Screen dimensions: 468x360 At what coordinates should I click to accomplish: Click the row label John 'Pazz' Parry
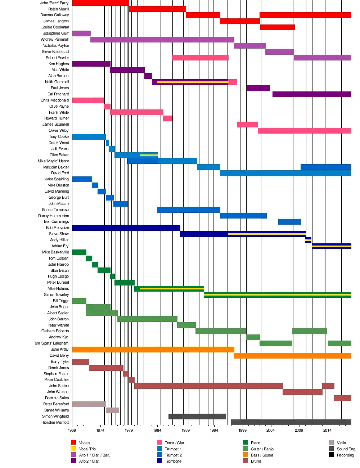pos(54,3)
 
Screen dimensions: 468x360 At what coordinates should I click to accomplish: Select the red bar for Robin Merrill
pos(157,9)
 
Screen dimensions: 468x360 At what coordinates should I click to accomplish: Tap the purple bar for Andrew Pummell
pos(162,40)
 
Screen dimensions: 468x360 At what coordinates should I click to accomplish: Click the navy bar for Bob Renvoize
pos(126,228)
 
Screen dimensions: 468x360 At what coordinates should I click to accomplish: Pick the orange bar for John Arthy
pos(153,350)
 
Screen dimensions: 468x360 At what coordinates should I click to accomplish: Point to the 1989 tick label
pos(185,430)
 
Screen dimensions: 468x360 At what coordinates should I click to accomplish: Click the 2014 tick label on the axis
pos(327,430)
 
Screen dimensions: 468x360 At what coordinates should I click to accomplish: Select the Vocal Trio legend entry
pos(87,449)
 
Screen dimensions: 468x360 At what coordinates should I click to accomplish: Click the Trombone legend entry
pos(173,461)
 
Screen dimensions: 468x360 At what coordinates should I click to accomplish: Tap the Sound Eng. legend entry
pos(346,449)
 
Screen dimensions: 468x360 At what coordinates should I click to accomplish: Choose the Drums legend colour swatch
pos(245,461)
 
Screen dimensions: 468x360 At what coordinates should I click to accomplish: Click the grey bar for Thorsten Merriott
pos(291,422)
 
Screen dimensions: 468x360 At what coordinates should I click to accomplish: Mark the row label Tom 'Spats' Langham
pos(50,343)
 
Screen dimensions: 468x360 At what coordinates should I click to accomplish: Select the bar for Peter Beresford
pos(89,404)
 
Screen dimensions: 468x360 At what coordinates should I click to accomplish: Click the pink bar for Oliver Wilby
pos(304,131)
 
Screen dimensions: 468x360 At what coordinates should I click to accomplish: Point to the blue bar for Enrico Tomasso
pos(189,210)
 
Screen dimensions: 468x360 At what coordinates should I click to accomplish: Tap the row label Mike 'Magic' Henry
pos(53,161)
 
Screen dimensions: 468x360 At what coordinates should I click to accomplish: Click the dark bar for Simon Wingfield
pos(197,417)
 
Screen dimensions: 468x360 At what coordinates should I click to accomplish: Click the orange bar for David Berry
pos(292,356)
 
